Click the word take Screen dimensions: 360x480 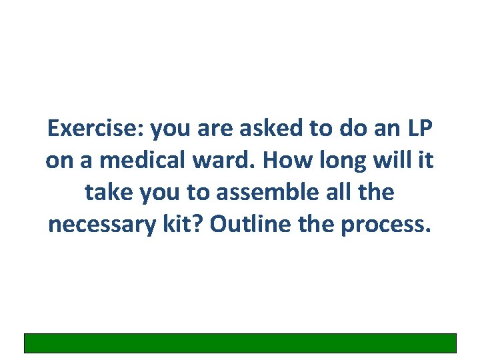[x=108, y=193]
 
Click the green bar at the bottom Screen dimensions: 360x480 [x=240, y=343]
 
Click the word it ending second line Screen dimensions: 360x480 [x=428, y=161]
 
